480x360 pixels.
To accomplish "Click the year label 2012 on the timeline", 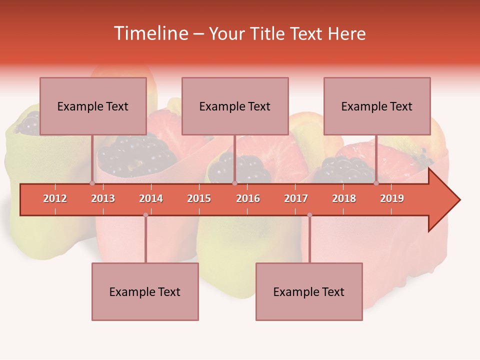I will (x=55, y=198).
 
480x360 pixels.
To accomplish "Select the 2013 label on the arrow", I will (x=103, y=198).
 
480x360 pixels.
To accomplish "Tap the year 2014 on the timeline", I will (x=151, y=198).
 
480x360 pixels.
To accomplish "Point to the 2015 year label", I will (x=199, y=198).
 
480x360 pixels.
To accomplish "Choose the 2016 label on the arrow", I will (x=248, y=198).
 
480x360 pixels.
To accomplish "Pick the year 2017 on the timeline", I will (x=296, y=198).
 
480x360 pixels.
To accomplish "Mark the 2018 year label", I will (x=344, y=198).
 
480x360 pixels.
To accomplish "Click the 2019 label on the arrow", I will (x=392, y=198).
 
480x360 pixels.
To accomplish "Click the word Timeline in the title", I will (x=150, y=33).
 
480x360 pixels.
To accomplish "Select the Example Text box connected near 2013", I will (x=93, y=106).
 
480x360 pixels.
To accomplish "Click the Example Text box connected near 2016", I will (x=235, y=106).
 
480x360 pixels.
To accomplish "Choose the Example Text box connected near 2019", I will (x=377, y=106).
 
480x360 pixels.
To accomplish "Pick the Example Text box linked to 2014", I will (x=145, y=291).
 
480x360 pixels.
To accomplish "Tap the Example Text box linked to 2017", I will (x=309, y=291).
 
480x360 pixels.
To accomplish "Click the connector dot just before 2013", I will (x=92, y=183).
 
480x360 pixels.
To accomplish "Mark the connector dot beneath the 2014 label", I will (x=145, y=215).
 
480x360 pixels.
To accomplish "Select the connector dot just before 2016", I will (x=234, y=183).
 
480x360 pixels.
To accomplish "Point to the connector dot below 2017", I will (x=309, y=215).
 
